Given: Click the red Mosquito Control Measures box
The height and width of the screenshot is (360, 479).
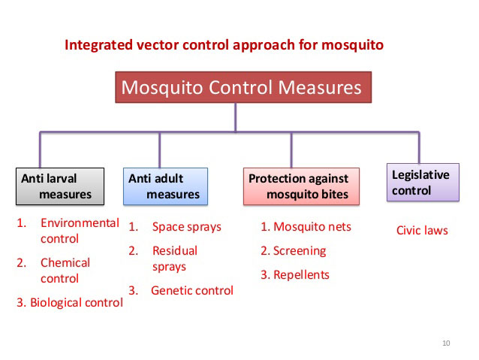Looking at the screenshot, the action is [x=243, y=87].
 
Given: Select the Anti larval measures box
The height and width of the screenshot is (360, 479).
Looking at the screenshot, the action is [x=60, y=186].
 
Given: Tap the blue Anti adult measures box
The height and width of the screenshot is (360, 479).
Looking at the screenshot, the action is [x=165, y=186].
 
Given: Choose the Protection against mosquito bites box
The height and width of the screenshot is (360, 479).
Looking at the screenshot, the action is [x=301, y=186].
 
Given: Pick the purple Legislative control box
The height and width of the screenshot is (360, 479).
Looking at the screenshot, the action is [x=423, y=183].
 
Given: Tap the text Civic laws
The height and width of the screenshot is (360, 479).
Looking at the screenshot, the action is [x=422, y=230].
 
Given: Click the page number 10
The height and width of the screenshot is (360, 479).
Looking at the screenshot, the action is [x=446, y=343].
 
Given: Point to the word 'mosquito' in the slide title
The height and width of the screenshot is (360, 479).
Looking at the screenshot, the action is [x=352, y=46].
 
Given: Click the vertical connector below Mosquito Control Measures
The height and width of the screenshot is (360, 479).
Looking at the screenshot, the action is [x=235, y=117].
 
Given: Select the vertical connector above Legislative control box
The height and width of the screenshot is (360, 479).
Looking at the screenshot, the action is [x=419, y=148].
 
